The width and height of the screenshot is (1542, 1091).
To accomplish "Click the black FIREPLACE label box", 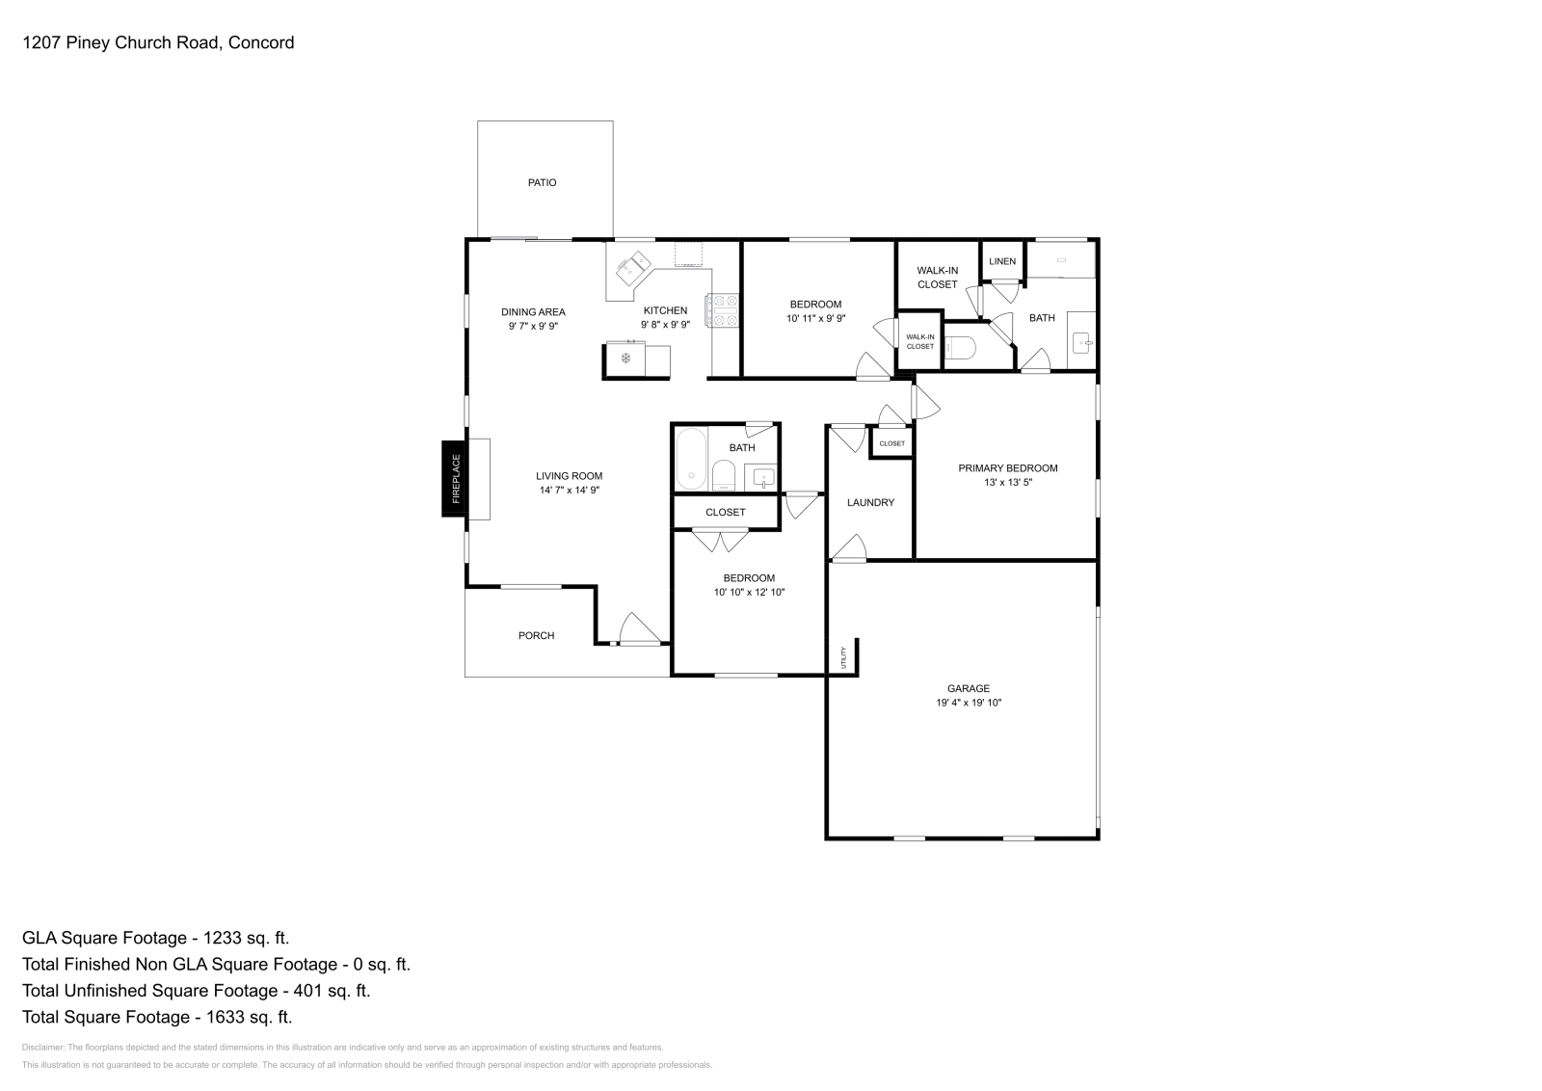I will click(x=454, y=478).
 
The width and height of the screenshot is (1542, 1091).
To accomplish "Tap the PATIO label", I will click(x=542, y=182).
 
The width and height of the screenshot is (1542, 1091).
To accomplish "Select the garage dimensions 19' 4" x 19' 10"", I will click(x=968, y=703).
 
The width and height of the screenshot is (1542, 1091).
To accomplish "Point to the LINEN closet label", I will click(x=1002, y=261).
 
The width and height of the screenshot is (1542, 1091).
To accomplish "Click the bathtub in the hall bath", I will click(x=690, y=459).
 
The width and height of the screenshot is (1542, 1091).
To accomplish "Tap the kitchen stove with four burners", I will click(x=722, y=310).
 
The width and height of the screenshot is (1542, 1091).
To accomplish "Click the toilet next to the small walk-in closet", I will click(x=960, y=348).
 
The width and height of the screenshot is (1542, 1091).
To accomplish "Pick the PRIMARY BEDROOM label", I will click(x=1007, y=468).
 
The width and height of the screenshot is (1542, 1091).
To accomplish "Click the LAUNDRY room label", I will click(x=870, y=502).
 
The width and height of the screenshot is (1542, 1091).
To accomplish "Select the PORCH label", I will click(x=536, y=635).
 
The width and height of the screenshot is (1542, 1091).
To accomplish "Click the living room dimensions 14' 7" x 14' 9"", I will click(x=570, y=491).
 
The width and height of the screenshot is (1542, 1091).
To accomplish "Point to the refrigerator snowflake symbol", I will click(x=625, y=359).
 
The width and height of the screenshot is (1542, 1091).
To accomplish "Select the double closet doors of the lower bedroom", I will click(x=720, y=541).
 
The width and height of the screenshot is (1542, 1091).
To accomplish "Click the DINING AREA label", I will click(x=533, y=311).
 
